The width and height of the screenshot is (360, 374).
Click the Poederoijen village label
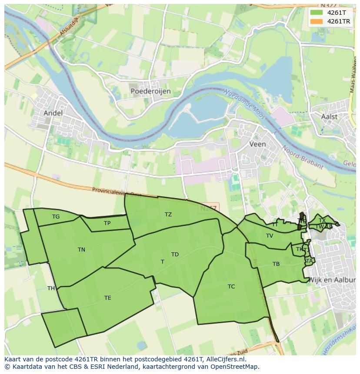(x=150, y=91)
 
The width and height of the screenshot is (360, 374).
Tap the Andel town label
(x=53, y=113)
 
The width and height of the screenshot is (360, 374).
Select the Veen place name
(x=258, y=144)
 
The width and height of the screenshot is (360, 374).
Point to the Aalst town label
(x=329, y=116)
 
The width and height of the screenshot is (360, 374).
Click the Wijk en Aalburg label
(x=332, y=280)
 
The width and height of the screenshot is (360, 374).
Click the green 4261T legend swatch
(x=317, y=13)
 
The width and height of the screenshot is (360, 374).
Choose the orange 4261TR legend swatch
(x=317, y=21)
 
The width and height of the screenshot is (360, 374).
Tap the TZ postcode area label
(x=168, y=215)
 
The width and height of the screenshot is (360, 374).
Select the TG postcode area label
(x=56, y=217)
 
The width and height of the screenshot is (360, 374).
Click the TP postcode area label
(x=107, y=223)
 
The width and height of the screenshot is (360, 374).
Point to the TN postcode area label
(x=81, y=249)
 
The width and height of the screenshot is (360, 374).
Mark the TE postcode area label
(x=107, y=298)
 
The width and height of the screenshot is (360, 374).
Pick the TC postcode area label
(x=231, y=286)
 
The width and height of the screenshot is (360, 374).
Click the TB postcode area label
(x=276, y=264)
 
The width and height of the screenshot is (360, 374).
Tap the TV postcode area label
(x=270, y=236)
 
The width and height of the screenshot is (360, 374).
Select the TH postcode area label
(x=51, y=288)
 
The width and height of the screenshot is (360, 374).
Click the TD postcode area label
(x=175, y=255)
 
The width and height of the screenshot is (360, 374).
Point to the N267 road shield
(x=209, y=209)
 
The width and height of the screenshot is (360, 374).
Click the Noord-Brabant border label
(x=303, y=157)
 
